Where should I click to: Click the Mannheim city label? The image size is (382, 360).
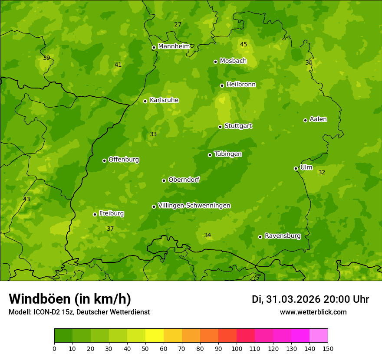coord(174,46)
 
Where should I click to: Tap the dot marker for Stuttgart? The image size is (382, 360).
coord(221,127)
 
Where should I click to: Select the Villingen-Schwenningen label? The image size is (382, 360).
coord(194,206)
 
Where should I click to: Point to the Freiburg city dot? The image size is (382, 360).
coord(95,214)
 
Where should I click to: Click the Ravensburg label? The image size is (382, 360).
coord(283,236)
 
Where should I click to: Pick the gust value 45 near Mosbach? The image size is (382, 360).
coord(244,44)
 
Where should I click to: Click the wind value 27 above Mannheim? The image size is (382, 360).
coord(178,24)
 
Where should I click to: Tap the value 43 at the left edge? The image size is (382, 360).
coord(26,199)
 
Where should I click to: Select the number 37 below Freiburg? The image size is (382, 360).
coord(110,229)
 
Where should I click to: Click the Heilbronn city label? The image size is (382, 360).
coord(241,85)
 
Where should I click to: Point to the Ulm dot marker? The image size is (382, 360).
coord(296,168)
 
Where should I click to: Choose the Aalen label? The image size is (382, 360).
coord(318,119)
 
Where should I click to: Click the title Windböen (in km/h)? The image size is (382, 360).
coord(70,299)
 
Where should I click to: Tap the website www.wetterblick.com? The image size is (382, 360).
coord(313,312)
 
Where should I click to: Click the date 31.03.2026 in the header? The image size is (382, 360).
coord(293,299)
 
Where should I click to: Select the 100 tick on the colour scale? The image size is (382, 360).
coord(237,348)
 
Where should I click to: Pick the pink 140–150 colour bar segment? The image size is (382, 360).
coord(319,336)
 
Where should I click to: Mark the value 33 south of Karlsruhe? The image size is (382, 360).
coord(153,134)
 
